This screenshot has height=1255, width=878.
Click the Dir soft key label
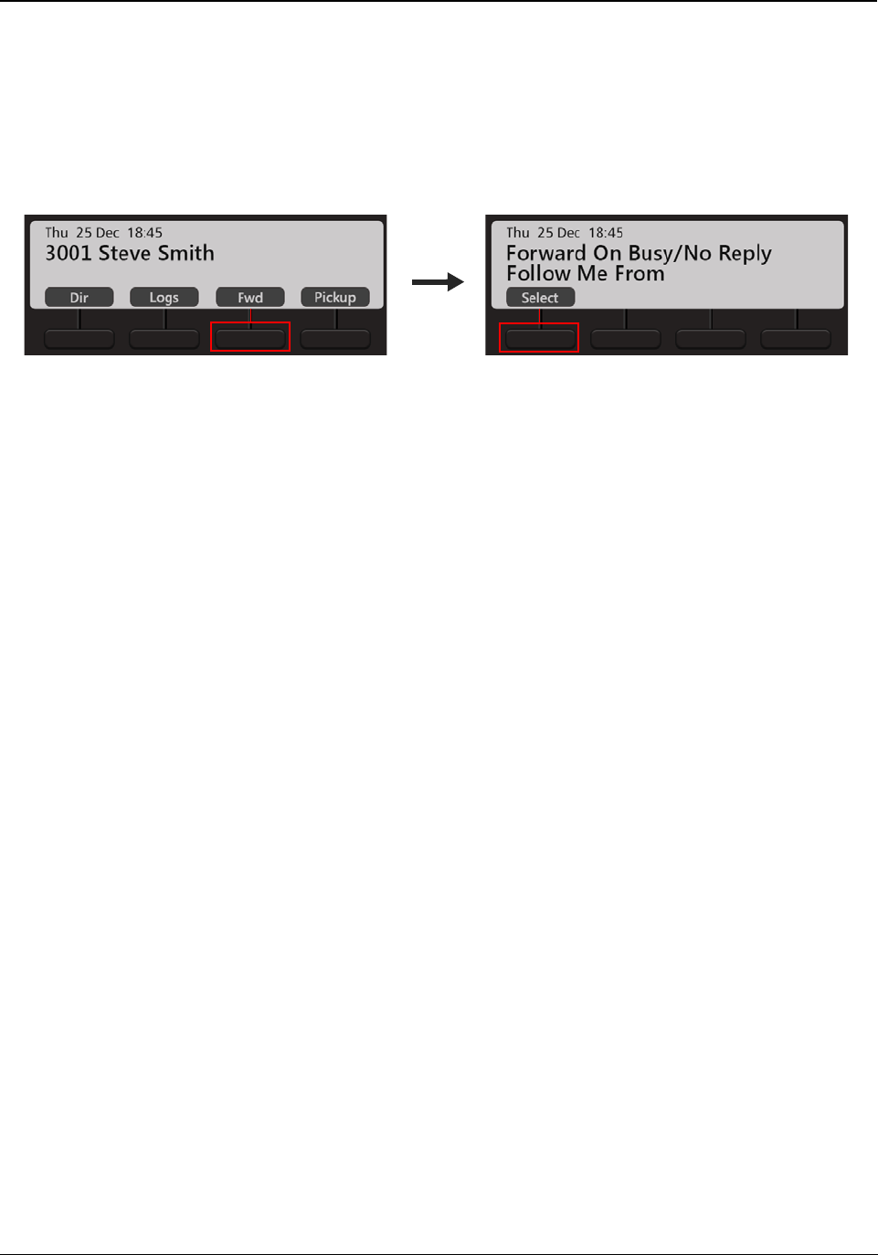coord(79,298)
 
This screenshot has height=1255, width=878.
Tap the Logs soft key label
coord(164,298)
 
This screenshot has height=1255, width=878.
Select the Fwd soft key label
coord(250,298)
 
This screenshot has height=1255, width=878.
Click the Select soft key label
coord(540,298)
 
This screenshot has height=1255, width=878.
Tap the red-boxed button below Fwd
coord(250,338)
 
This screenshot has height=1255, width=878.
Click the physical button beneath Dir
coord(79,339)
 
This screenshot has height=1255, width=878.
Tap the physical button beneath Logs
coord(164,339)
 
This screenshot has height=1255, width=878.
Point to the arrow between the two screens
coord(438,282)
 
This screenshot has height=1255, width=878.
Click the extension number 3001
coord(69,253)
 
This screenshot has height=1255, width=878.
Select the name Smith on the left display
coord(186,253)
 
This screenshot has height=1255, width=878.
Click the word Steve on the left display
coord(124,253)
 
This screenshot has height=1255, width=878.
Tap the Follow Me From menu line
coord(586,274)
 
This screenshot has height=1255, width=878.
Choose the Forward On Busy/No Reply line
coord(639,253)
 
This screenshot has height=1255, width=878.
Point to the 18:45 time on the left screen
coord(144,233)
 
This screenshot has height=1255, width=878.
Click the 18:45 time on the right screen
coord(606,233)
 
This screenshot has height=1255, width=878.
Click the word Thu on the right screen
coord(518,233)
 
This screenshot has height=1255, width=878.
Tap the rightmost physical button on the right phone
coord(796,339)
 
